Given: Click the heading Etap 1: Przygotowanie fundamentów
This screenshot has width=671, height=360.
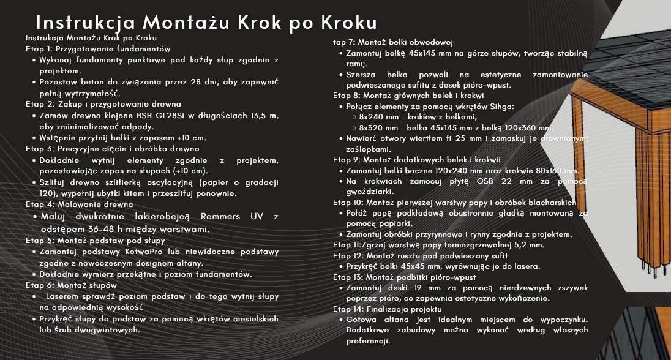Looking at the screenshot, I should [x=98, y=49].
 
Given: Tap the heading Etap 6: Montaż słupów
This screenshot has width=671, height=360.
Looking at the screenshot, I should [x=71, y=285].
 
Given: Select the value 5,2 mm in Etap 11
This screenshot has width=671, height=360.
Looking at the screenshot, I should [x=529, y=245].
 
